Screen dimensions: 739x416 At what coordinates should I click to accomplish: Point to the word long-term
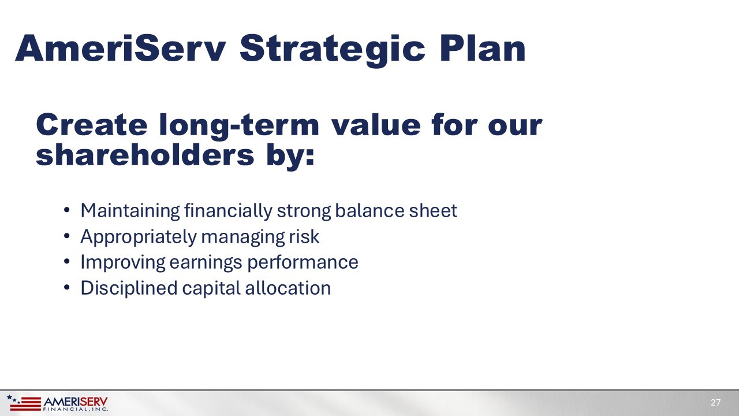pyautogui.click(x=239, y=126)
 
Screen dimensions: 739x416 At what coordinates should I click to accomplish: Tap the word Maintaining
pyautogui.click(x=130, y=211)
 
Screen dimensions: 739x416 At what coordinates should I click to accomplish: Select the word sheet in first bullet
pyautogui.click(x=433, y=210)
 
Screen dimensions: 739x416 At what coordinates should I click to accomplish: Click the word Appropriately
pyautogui.click(x=139, y=237)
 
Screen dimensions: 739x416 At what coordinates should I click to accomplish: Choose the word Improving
pyautogui.click(x=123, y=263)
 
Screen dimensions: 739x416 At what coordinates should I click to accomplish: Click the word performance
pyautogui.click(x=303, y=263)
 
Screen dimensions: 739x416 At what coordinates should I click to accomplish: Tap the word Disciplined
pyautogui.click(x=129, y=288)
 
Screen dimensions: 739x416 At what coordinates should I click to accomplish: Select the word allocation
pyautogui.click(x=288, y=288)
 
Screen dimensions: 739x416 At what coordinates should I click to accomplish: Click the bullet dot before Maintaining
pyautogui.click(x=67, y=210)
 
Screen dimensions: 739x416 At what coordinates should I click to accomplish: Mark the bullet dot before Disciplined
pyautogui.click(x=67, y=288)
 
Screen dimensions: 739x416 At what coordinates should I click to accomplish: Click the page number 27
pyautogui.click(x=715, y=403)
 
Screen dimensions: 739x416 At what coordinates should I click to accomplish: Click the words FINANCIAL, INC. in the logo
pyautogui.click(x=76, y=410)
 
